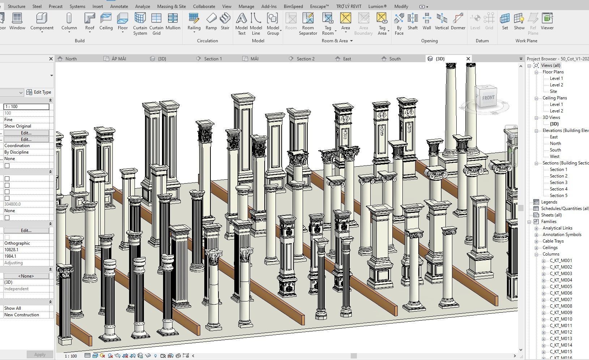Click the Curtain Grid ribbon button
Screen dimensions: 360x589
coord(156,23)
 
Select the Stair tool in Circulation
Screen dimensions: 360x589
coord(225,22)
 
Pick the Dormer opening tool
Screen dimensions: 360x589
coord(458,22)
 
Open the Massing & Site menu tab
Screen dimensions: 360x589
coord(171,7)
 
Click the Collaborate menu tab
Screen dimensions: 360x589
coord(204,7)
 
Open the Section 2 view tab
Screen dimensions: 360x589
coord(305,59)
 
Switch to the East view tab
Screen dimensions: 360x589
coord(347,59)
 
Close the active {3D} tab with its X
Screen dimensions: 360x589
coord(468,59)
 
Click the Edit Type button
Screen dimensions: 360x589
coord(39,92)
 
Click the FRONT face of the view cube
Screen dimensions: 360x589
coord(488,98)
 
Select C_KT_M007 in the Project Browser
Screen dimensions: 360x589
coord(561,300)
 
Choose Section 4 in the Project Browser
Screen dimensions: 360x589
coord(558,189)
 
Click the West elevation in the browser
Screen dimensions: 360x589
coord(554,157)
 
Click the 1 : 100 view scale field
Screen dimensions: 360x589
coord(26,107)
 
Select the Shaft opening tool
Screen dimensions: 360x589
coord(412,22)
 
